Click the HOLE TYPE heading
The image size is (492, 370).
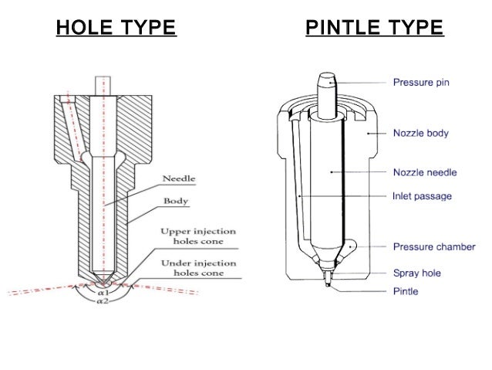(x=116, y=29)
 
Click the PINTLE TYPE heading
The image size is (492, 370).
(x=374, y=29)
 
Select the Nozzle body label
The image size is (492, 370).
(x=420, y=134)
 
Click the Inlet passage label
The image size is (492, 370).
(x=422, y=196)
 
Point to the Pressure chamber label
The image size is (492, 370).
(x=434, y=247)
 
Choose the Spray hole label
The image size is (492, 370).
(x=416, y=273)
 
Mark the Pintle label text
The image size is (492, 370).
(x=406, y=291)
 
